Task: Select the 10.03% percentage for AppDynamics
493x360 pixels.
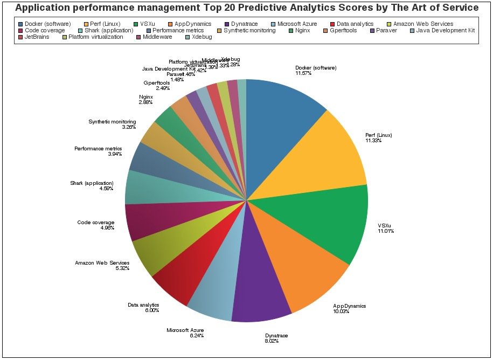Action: coord(341,311)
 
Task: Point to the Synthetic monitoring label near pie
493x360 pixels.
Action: coord(112,122)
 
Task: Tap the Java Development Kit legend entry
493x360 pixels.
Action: coord(445,31)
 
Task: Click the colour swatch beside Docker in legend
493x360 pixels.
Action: coord(20,24)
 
